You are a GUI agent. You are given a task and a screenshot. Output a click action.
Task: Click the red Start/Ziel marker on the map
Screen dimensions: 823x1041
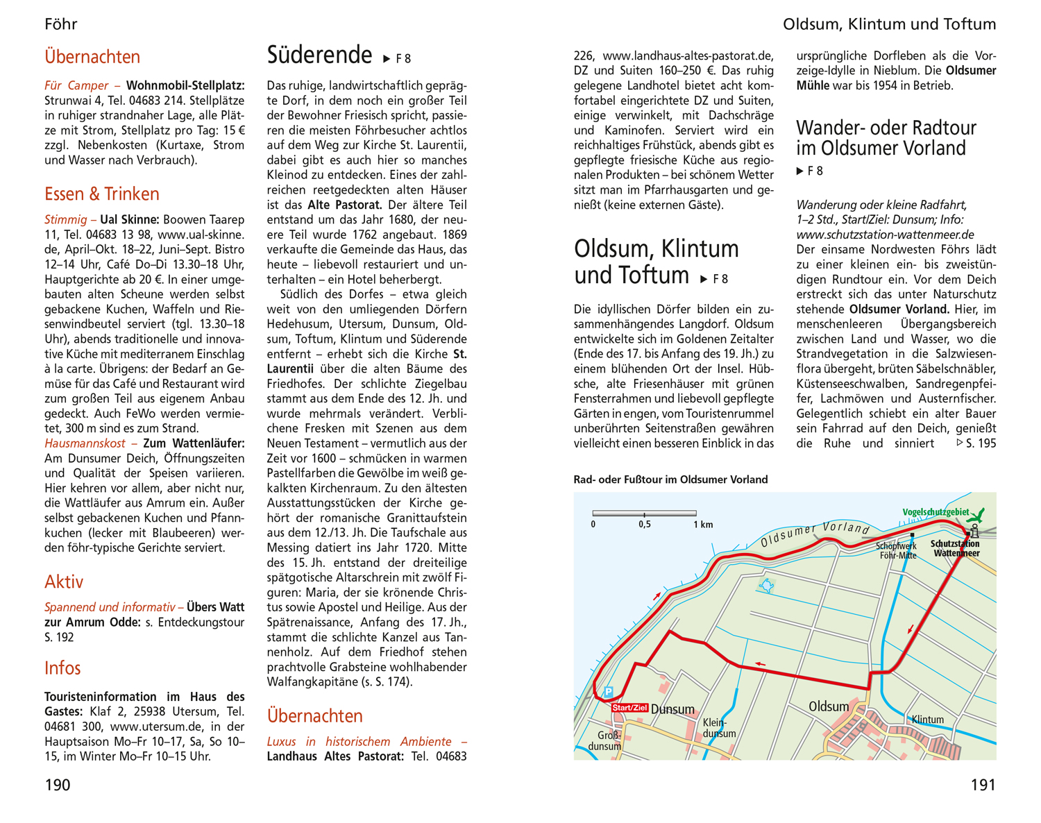click(629, 708)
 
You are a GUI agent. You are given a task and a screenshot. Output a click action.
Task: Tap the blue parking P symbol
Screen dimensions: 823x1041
click(609, 692)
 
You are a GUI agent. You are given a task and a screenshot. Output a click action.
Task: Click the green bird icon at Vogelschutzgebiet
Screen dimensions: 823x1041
click(978, 515)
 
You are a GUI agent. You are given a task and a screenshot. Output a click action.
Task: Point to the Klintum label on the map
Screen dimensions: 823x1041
click(927, 720)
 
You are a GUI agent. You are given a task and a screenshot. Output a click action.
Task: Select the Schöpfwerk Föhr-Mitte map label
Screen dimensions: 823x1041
click(897, 551)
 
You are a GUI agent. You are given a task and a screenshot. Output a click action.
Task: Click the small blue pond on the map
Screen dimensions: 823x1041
click(767, 586)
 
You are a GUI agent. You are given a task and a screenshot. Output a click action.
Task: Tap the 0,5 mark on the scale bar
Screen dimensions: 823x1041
click(645, 525)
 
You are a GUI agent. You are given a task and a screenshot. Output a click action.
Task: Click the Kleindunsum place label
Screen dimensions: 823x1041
click(719, 728)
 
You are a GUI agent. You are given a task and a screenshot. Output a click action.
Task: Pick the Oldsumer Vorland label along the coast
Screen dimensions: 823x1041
click(815, 533)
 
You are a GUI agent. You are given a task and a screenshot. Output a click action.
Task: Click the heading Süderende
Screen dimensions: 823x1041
click(319, 55)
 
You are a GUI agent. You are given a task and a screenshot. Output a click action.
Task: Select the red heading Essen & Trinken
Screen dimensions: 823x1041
click(102, 194)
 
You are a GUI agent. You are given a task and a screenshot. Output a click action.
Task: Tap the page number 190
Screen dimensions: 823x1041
click(58, 785)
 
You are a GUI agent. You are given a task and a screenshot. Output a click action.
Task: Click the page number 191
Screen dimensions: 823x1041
click(983, 785)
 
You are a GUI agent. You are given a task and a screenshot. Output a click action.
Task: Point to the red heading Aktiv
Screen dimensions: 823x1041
click(64, 582)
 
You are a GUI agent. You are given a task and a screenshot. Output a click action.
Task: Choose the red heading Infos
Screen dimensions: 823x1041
click(62, 668)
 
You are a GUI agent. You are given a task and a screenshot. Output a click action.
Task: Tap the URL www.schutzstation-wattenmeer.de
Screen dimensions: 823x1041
click(885, 235)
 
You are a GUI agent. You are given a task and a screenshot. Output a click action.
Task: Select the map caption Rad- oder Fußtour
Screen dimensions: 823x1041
click(670, 480)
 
